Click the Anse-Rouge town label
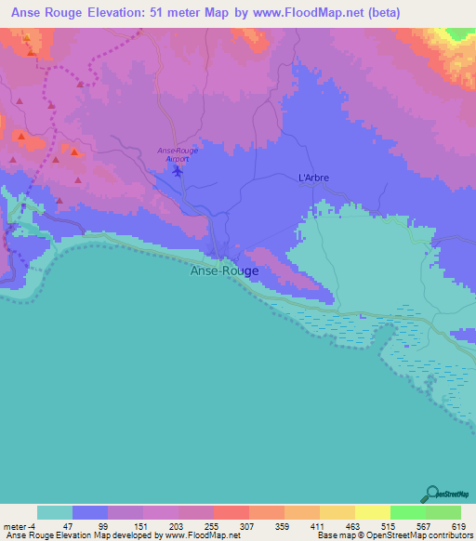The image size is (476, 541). (224, 271)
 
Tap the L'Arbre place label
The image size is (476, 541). (312, 178)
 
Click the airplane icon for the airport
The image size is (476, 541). (178, 171)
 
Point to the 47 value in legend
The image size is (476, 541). (68, 526)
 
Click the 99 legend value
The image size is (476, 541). (104, 526)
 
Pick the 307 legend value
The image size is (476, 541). (249, 526)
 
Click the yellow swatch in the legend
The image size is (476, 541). (372, 512)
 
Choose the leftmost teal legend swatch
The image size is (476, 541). (55, 512)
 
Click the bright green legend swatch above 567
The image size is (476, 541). (407, 512)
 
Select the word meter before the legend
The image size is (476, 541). (16, 526)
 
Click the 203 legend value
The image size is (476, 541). (177, 526)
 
